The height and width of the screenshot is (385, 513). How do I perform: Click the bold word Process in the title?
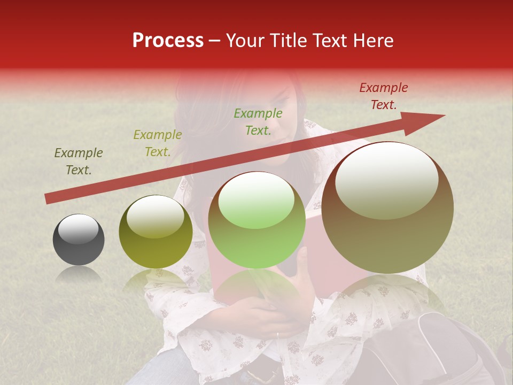(x=168, y=41)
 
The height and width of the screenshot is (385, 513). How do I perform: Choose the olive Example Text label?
(x=158, y=143)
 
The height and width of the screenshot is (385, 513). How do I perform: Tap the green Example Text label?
(x=258, y=122)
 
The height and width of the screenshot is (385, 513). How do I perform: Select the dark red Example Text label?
(x=383, y=96)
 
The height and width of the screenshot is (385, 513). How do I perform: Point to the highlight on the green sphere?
(x=256, y=199)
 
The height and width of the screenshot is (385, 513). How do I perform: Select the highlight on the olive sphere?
(x=155, y=215)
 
